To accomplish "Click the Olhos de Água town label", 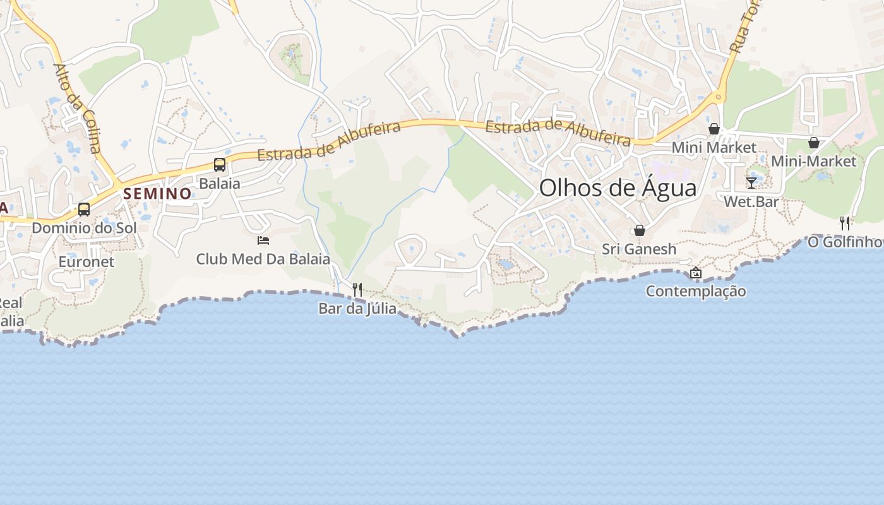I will [618, 188].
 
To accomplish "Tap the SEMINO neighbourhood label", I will [157, 194].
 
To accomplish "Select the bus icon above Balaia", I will [220, 165].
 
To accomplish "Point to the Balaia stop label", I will [220, 184].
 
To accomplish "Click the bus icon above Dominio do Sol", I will [84, 209].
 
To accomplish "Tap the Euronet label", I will [87, 261].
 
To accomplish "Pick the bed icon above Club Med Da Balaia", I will [263, 241].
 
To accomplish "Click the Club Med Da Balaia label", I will [263, 259].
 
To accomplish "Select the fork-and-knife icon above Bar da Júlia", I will [357, 290].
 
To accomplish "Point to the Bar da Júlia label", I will [357, 309].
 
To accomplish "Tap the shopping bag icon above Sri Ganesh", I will [640, 230].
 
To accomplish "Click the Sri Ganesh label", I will [639, 249].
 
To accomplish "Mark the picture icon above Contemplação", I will [696, 273].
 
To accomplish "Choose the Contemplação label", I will [696, 292].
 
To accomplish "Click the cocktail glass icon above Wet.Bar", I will [751, 183].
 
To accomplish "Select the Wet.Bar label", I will [751, 202].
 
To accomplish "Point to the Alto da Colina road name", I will [77, 108].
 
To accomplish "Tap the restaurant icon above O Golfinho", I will [845, 223].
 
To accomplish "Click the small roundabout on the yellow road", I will [717, 97].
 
